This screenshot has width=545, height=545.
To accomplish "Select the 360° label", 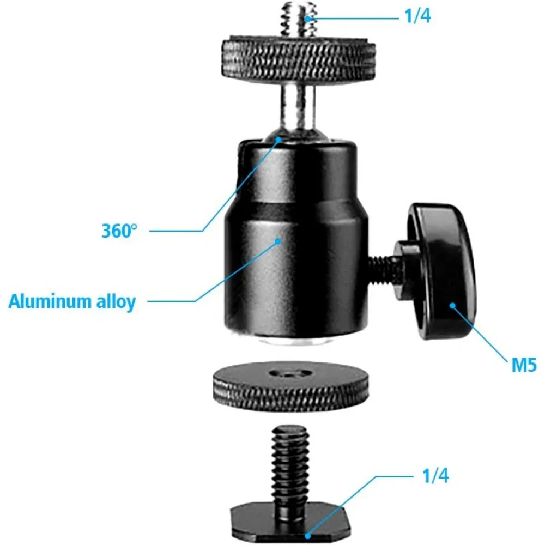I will [x=117, y=231].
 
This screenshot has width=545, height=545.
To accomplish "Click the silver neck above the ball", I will [x=296, y=109].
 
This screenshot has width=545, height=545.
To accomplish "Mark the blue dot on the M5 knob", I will [x=452, y=305].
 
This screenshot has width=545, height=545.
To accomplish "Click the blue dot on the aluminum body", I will [x=278, y=240].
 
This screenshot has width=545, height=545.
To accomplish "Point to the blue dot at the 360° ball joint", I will [x=278, y=139].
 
